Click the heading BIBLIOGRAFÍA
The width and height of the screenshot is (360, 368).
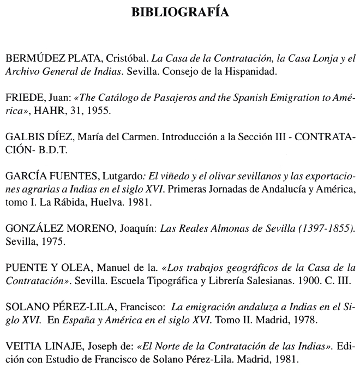[180, 11]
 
